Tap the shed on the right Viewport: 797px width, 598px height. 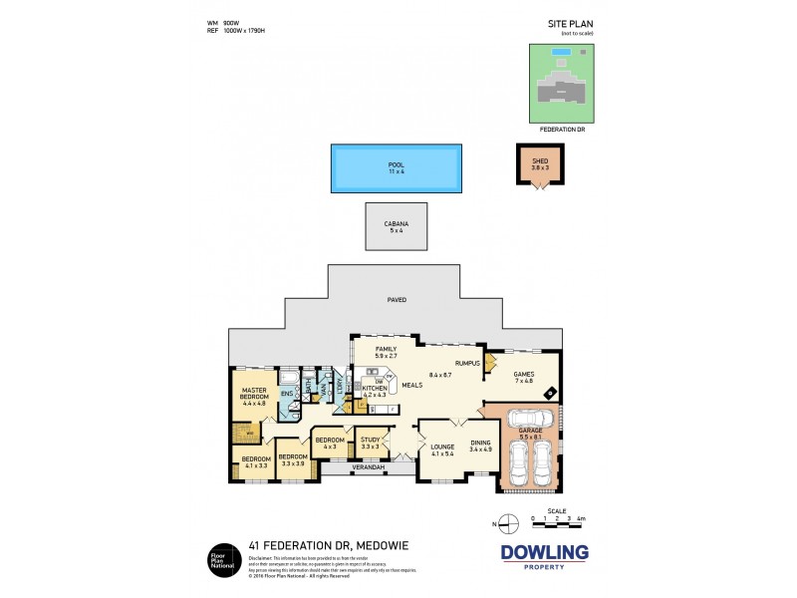coord(540,166)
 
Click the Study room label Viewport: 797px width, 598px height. coord(370,442)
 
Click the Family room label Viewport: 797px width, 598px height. coord(387,351)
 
